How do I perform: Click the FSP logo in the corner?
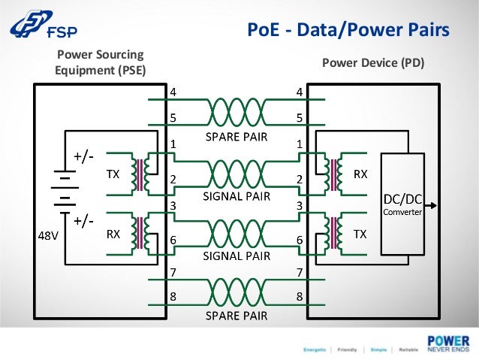point(43,27)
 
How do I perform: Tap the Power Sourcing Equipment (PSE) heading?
point(100,62)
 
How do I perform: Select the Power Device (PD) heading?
point(373,63)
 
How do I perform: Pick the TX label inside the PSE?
point(113,174)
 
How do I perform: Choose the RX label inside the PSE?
point(113,234)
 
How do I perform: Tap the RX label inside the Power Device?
point(360,174)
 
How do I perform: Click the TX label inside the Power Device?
point(360,234)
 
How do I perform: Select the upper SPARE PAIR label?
point(236,138)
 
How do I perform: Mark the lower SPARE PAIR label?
point(236,316)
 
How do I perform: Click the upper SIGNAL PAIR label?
point(236,196)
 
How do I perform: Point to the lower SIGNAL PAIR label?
point(236,256)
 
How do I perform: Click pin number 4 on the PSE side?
point(173,92)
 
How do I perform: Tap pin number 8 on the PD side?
point(300,296)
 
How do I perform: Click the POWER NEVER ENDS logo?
point(448,342)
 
